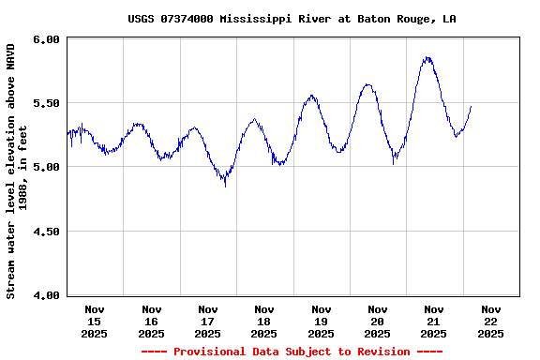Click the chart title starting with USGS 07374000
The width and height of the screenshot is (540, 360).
[292, 19]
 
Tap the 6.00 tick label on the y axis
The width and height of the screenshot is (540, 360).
[48, 39]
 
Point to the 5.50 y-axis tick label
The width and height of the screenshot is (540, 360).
[48, 103]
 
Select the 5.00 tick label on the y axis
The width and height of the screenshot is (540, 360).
[48, 167]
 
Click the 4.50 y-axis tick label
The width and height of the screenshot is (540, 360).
[48, 232]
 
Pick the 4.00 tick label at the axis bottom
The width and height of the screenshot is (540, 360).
[48, 295]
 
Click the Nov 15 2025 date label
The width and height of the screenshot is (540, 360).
[95, 321]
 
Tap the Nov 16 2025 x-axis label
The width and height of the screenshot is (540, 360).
[151, 321]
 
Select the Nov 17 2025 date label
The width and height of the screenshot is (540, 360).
[208, 321]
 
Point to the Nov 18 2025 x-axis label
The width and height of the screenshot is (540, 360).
[264, 321]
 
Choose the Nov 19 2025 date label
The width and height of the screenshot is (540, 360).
[321, 321]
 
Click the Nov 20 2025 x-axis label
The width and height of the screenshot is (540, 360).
[377, 321]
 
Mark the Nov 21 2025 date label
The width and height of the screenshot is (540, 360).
[433, 321]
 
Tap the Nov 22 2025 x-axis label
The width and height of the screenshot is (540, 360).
[490, 321]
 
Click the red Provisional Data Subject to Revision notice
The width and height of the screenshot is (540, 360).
[292, 352]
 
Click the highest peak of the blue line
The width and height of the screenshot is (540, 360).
[427, 58]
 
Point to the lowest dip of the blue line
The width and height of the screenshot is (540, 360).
[225, 186]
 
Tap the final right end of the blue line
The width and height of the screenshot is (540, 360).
[472, 106]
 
